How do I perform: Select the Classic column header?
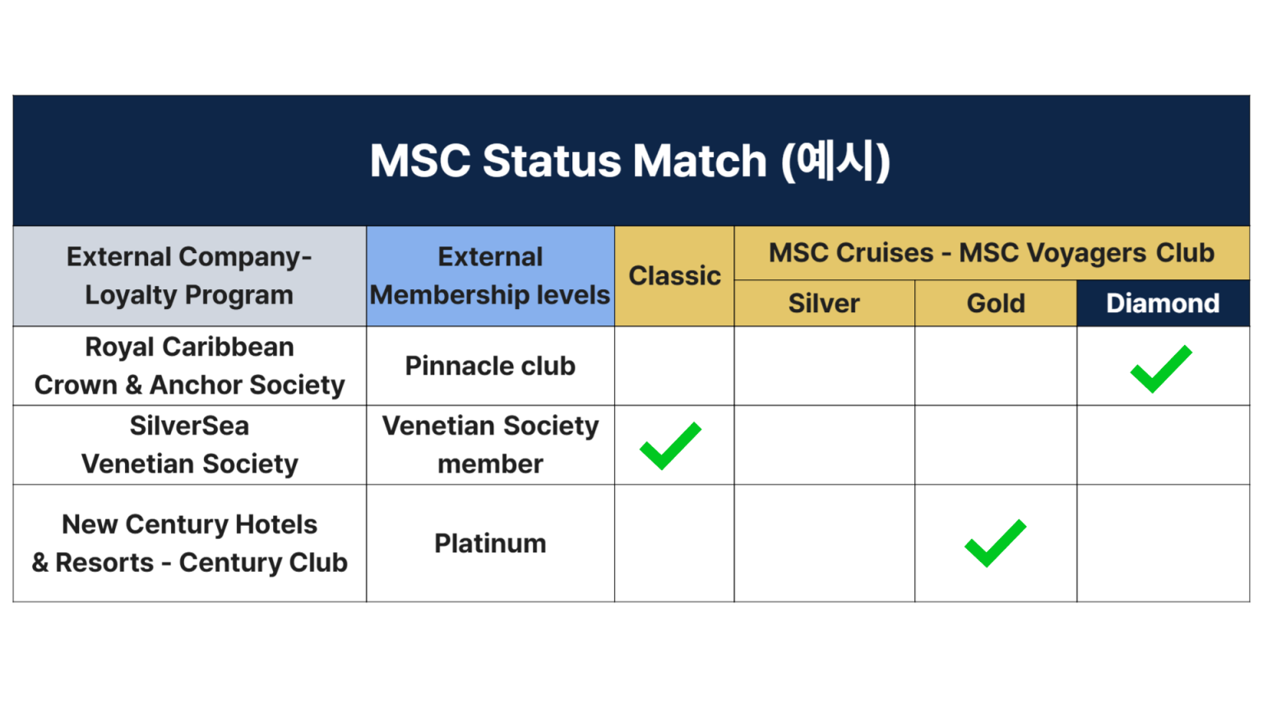click(x=674, y=276)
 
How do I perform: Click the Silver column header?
click(x=824, y=303)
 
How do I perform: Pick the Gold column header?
click(x=996, y=303)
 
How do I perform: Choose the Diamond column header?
click(x=1163, y=303)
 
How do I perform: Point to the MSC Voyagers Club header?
click(x=992, y=253)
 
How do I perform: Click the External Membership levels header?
click(x=491, y=276)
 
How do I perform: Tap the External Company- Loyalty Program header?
click(x=189, y=276)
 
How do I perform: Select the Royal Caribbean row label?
click(x=189, y=367)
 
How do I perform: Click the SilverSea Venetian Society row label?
click(x=189, y=445)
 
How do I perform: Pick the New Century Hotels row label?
click(x=189, y=544)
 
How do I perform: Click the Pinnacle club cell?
click(x=491, y=367)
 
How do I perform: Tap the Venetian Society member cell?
click(x=491, y=445)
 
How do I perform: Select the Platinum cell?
click(x=491, y=544)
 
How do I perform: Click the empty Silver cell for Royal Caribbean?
click(x=825, y=367)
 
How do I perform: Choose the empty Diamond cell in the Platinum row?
click(x=1164, y=544)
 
